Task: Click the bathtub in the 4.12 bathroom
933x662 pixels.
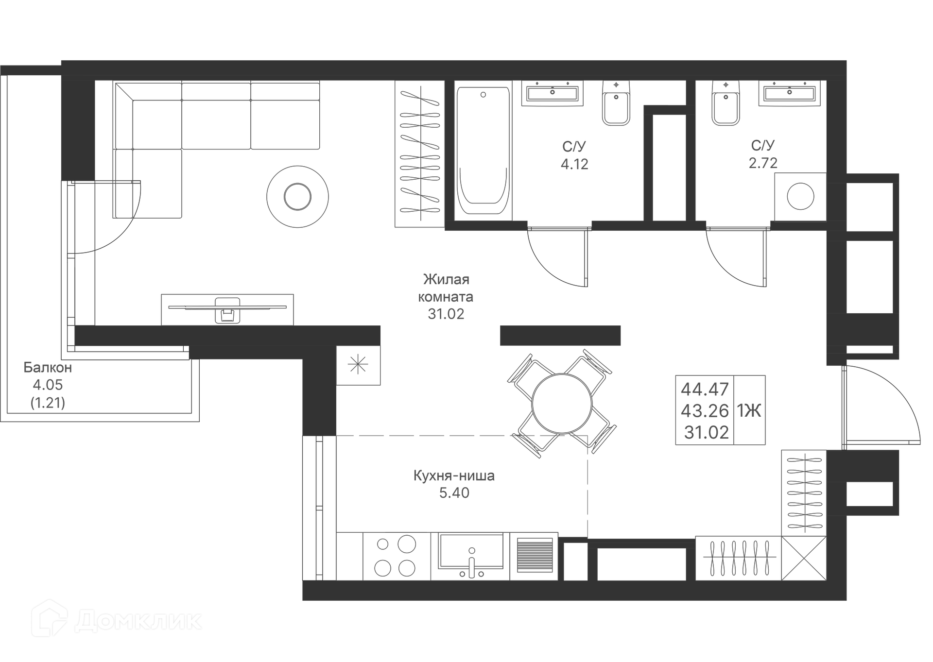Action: point(483,151)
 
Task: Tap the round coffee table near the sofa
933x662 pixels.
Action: point(297,197)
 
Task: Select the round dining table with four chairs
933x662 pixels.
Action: point(562,403)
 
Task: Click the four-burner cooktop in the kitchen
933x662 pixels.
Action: point(396,556)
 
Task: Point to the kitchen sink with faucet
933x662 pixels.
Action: point(471,554)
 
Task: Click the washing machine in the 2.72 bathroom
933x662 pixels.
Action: point(800,197)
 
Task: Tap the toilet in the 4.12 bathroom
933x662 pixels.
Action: point(616,103)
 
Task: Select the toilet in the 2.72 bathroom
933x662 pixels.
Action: point(726,103)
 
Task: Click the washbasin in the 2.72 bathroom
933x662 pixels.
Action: point(789,93)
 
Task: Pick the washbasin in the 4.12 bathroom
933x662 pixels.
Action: point(553,93)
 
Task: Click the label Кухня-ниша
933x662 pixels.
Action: point(454,475)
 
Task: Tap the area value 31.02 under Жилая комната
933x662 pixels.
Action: point(446,314)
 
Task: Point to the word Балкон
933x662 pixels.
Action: point(48,368)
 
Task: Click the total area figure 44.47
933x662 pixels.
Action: point(705,389)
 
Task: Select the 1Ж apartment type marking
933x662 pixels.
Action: point(749,411)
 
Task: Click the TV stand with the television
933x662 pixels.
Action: point(227,309)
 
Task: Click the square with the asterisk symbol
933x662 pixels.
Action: point(358,365)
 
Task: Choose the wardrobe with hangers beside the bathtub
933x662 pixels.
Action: point(419,153)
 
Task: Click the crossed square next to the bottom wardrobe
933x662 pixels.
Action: point(804,558)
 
